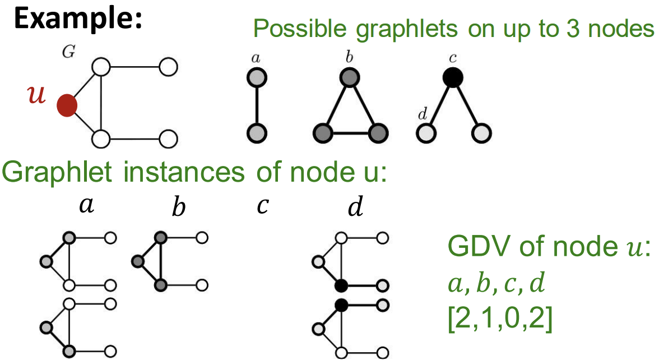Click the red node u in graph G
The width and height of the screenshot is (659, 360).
coord(67,105)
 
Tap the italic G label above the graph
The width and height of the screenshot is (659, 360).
coord(68,54)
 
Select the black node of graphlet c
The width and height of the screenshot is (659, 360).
coord(452,77)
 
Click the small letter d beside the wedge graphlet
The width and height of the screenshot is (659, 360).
coord(422,115)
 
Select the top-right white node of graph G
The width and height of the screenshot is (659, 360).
coord(168,67)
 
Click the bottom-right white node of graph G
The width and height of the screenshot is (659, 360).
coord(168,137)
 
